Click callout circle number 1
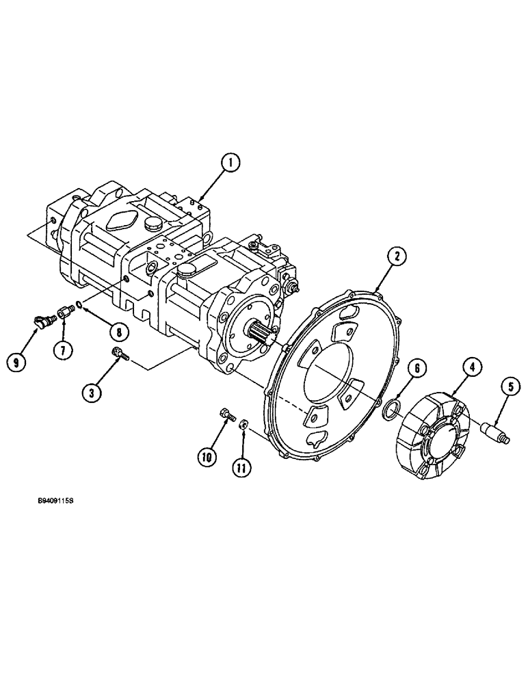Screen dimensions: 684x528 coord(231,162)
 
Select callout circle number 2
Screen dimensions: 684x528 coord(397,256)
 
